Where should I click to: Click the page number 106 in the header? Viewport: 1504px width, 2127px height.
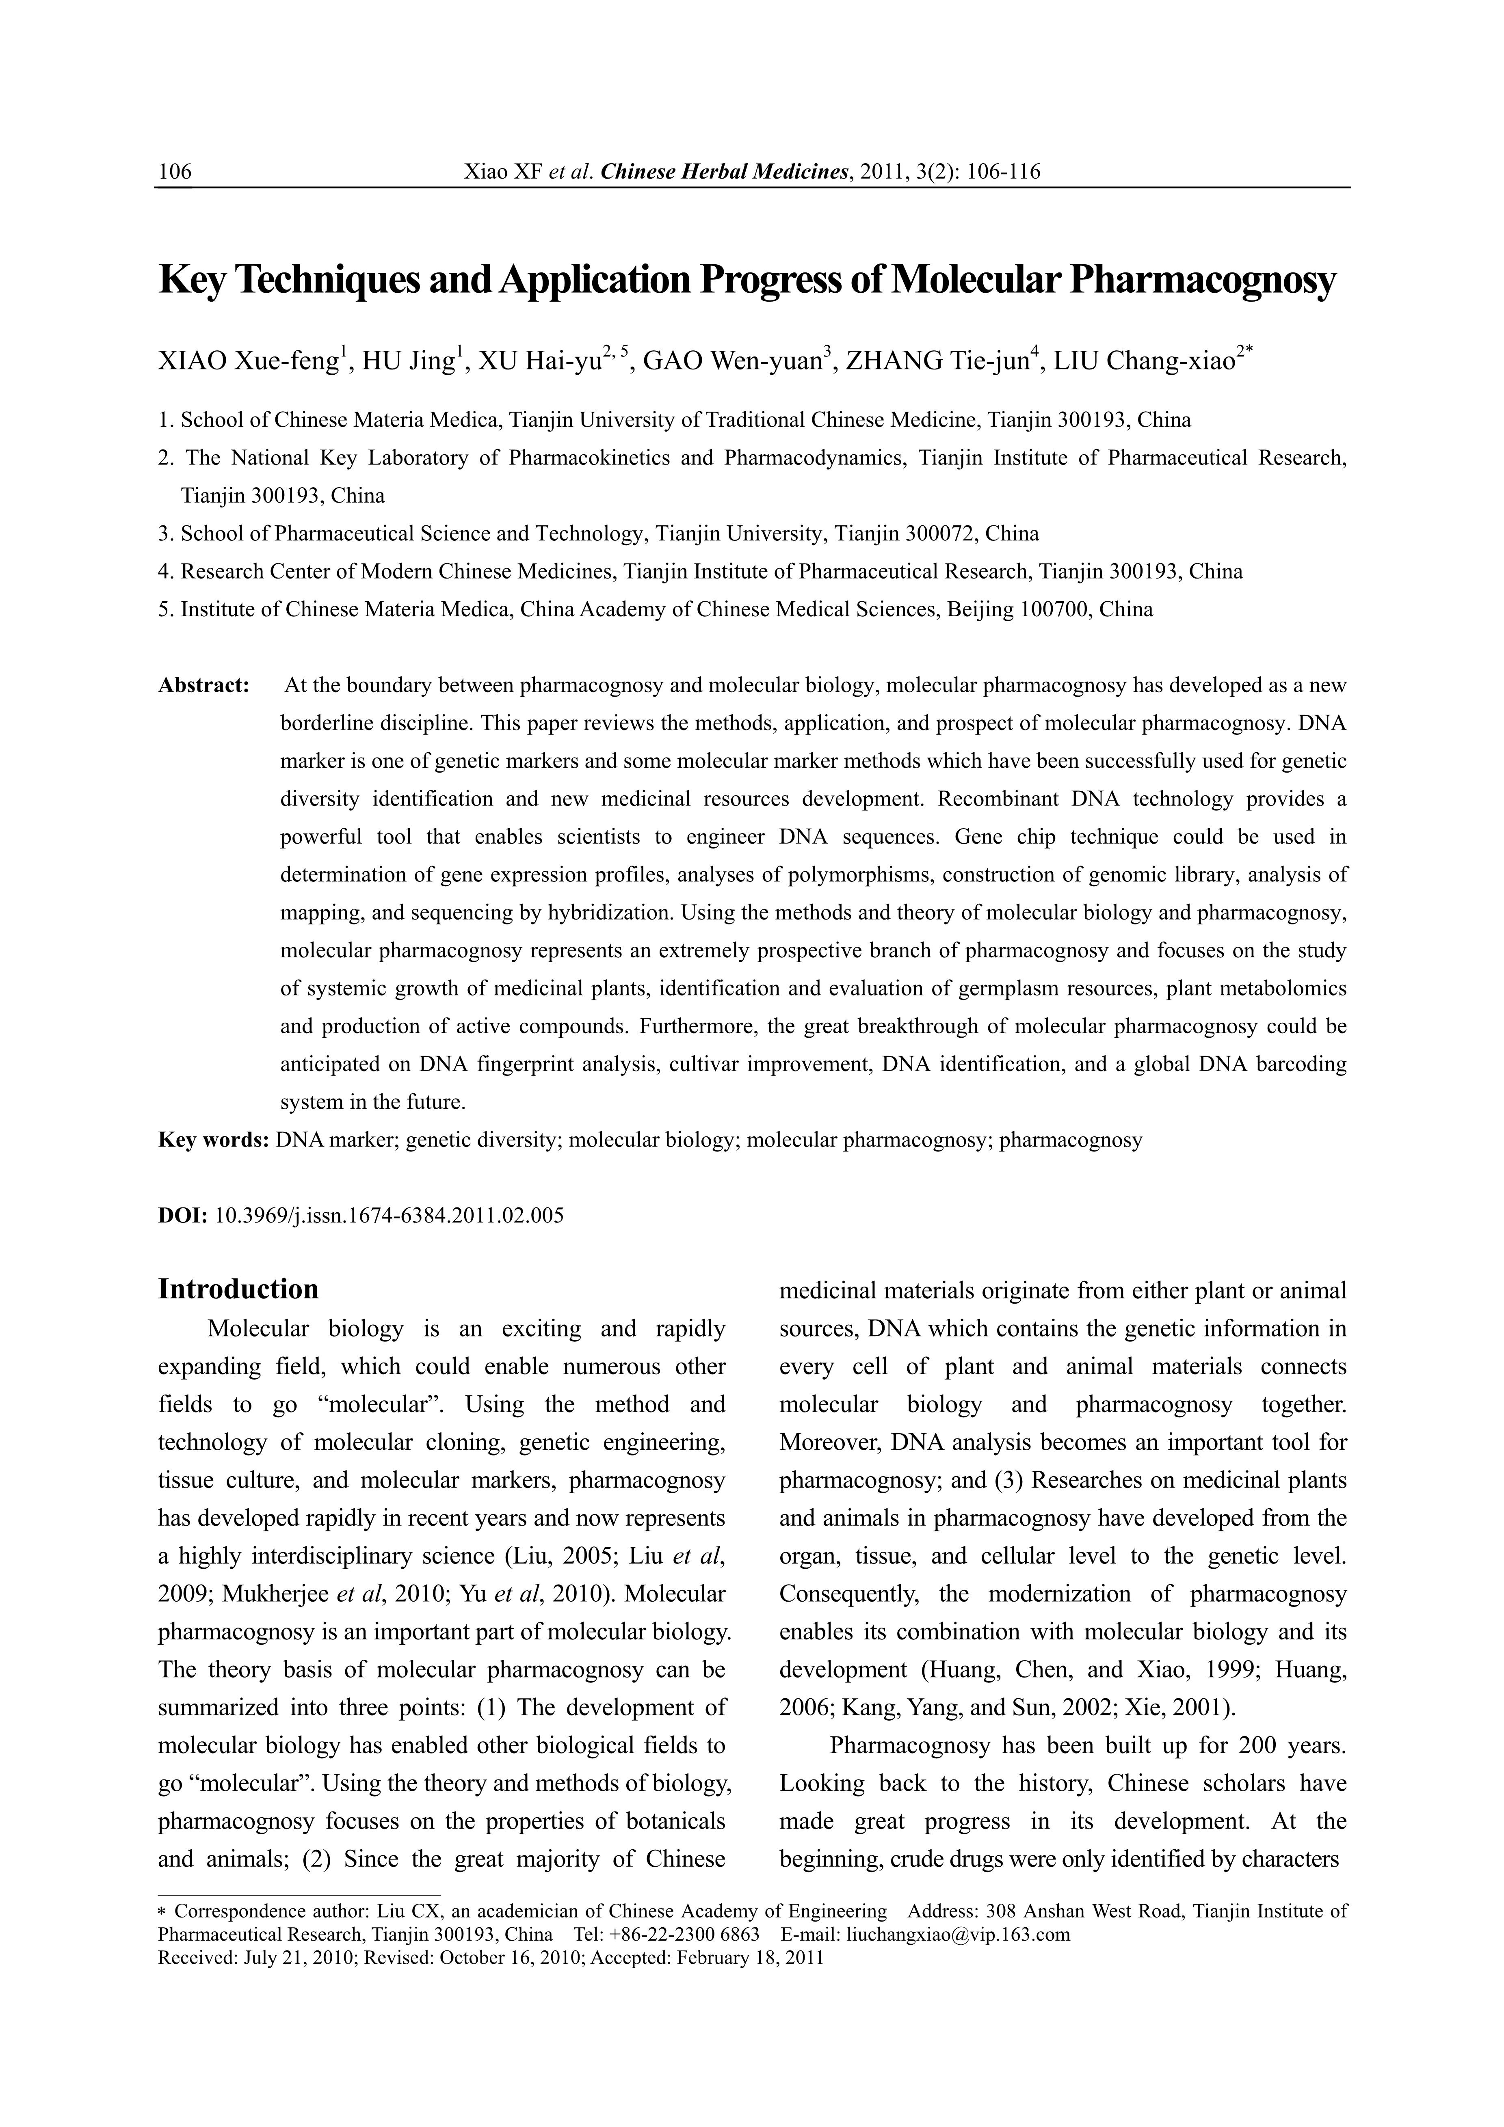click(x=175, y=171)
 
